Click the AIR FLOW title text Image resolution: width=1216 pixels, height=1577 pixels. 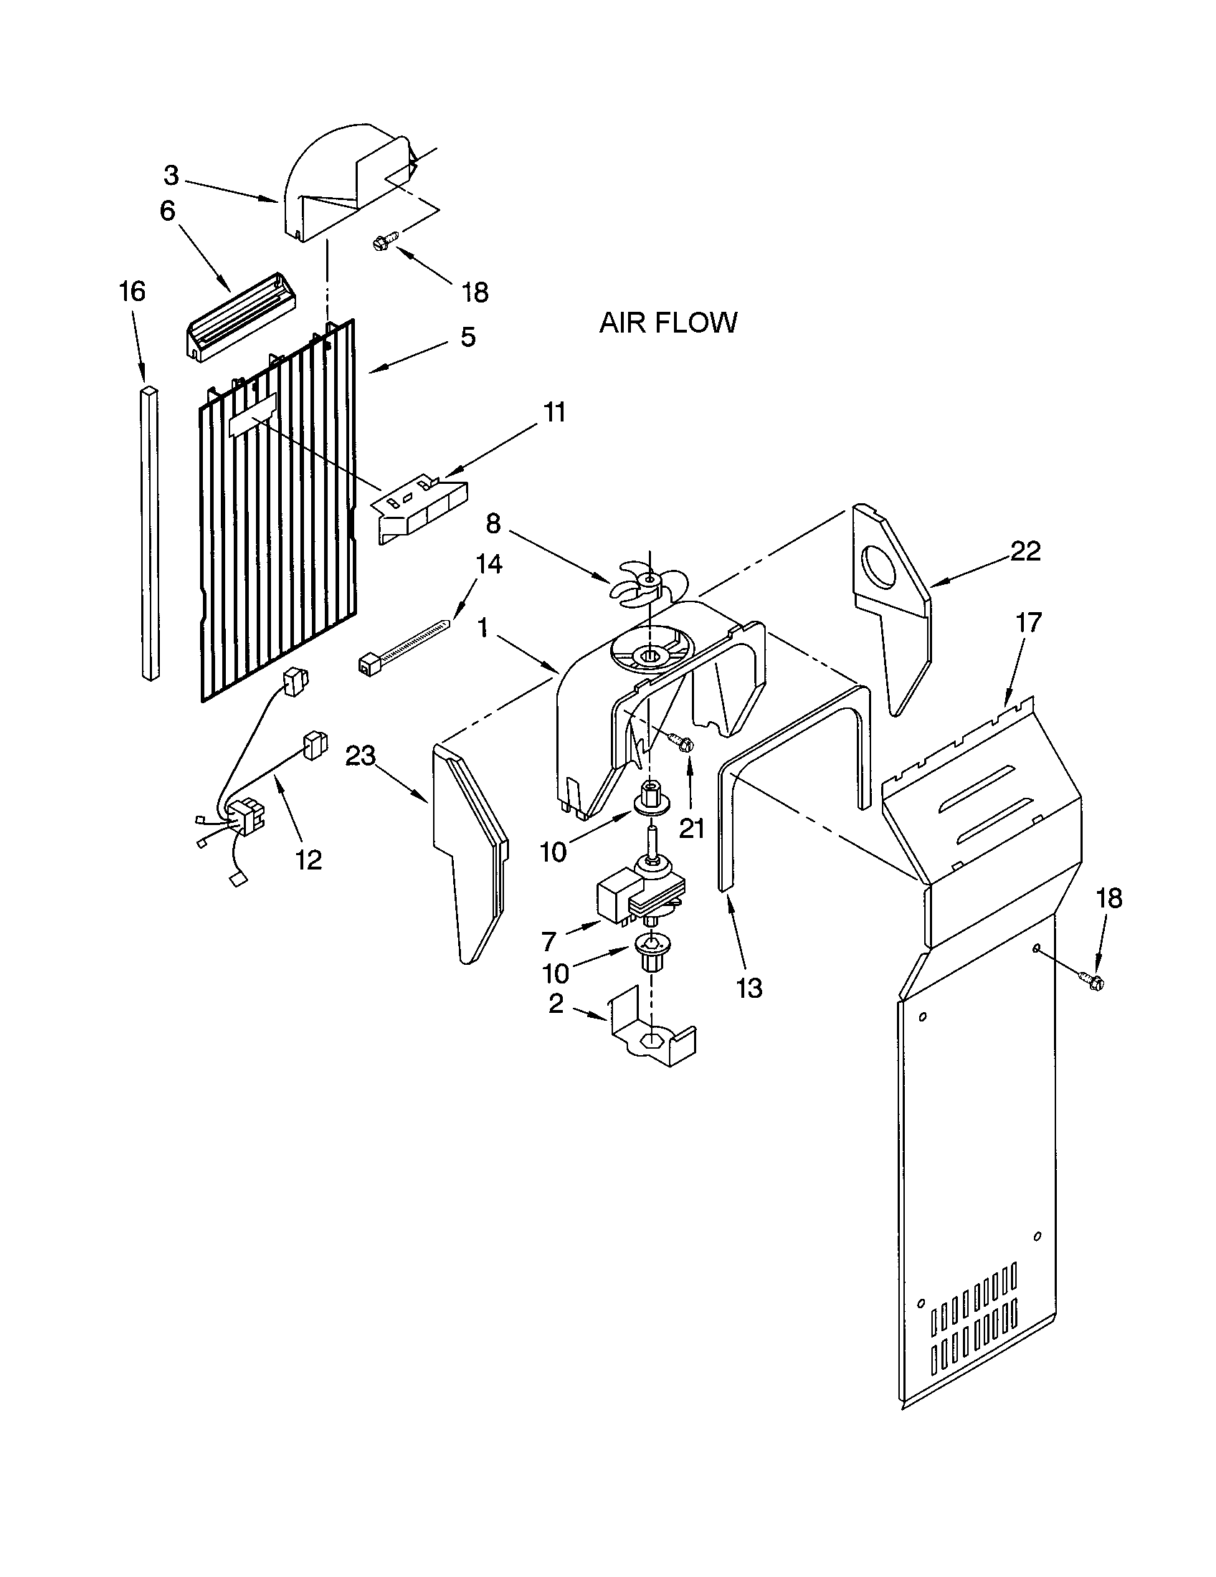coord(668,322)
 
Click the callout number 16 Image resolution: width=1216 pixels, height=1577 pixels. coord(132,292)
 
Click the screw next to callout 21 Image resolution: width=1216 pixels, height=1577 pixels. coord(682,740)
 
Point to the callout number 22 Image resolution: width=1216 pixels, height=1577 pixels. coord(1025,551)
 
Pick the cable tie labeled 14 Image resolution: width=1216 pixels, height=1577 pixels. coord(404,643)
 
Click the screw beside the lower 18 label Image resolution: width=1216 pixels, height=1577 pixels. coord(1091,981)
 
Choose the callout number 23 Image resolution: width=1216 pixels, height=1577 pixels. coord(361,756)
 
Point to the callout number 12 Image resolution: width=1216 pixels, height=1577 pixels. coord(308,859)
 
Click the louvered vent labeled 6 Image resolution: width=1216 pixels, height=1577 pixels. coord(238,318)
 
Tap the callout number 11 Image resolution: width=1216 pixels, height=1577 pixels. coord(554,412)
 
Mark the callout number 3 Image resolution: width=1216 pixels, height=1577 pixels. coord(171,176)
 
